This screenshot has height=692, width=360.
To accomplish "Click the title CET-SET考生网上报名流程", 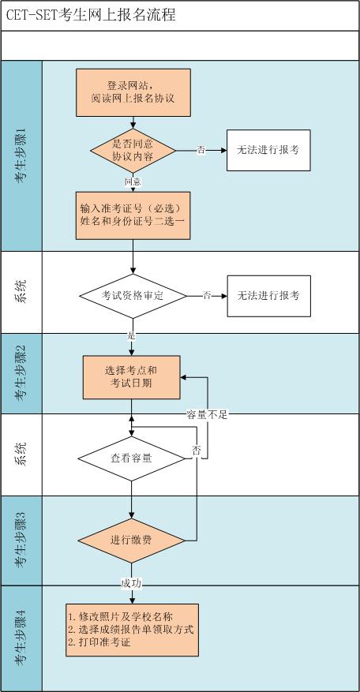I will point(91,15).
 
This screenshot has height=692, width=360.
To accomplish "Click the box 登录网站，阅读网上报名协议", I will point(133,92).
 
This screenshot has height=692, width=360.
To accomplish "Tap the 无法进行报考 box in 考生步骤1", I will point(268,150).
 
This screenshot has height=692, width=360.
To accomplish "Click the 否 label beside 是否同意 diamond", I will point(201,150).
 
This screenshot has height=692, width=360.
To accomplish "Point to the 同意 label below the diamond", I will point(133,181).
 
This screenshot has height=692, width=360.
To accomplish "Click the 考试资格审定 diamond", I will point(133,296).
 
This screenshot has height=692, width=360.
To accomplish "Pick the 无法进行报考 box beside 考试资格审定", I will point(268,296).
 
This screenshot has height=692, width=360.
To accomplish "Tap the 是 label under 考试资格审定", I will point(132,335).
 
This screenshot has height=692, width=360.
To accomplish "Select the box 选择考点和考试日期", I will point(132,376).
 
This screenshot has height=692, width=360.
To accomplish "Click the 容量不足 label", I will point(207,414).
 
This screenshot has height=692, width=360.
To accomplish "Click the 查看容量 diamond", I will point(132,458).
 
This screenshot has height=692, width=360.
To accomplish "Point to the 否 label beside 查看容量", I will point(196,450).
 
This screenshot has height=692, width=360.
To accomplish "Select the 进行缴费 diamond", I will point(132,541).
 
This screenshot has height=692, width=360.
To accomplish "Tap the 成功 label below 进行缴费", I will point(132,583).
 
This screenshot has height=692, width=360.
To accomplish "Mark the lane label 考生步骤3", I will point(21,541).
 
